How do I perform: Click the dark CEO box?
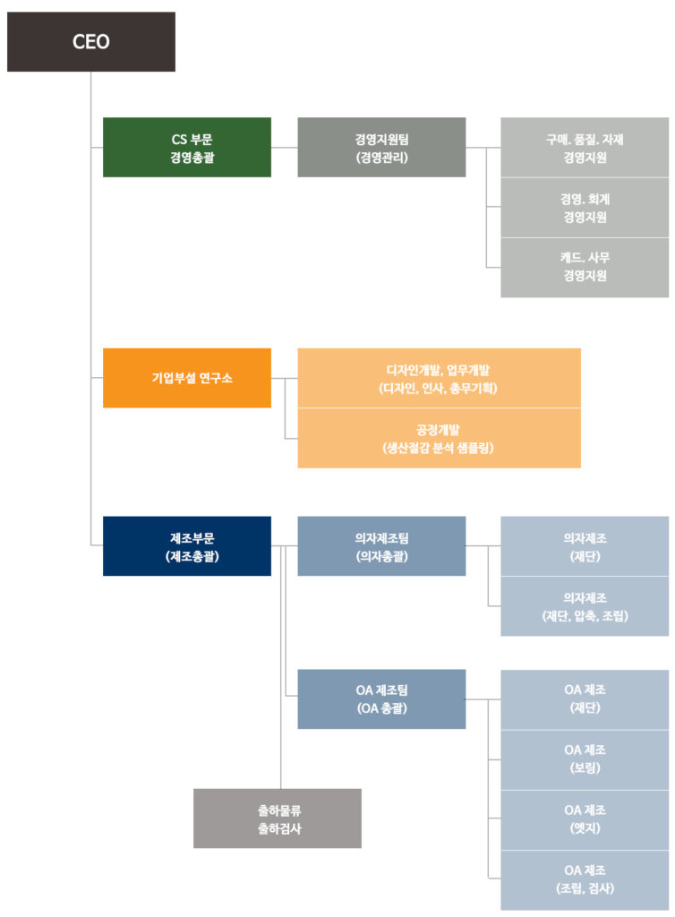click(90, 41)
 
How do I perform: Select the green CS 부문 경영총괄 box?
click(187, 148)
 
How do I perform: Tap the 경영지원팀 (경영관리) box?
click(381, 148)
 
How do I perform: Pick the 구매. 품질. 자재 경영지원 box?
click(585, 148)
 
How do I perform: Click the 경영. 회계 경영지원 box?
click(585, 208)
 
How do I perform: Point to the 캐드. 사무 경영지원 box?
click(585, 267)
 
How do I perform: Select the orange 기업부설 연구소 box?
click(187, 378)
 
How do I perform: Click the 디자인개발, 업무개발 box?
click(439, 378)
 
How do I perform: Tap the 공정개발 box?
click(439, 438)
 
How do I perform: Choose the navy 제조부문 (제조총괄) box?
click(187, 545)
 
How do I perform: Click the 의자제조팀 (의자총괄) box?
click(381, 545)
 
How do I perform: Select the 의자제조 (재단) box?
click(585, 545)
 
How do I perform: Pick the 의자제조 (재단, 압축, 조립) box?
click(585, 606)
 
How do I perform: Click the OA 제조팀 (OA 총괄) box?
click(381, 698)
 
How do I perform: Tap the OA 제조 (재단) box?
click(585, 699)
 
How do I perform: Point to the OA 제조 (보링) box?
click(585, 759)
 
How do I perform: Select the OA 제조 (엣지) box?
click(585, 820)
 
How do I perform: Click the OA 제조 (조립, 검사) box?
click(585, 880)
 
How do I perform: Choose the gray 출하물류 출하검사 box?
click(278, 818)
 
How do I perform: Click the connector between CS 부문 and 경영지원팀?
click(285, 148)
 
